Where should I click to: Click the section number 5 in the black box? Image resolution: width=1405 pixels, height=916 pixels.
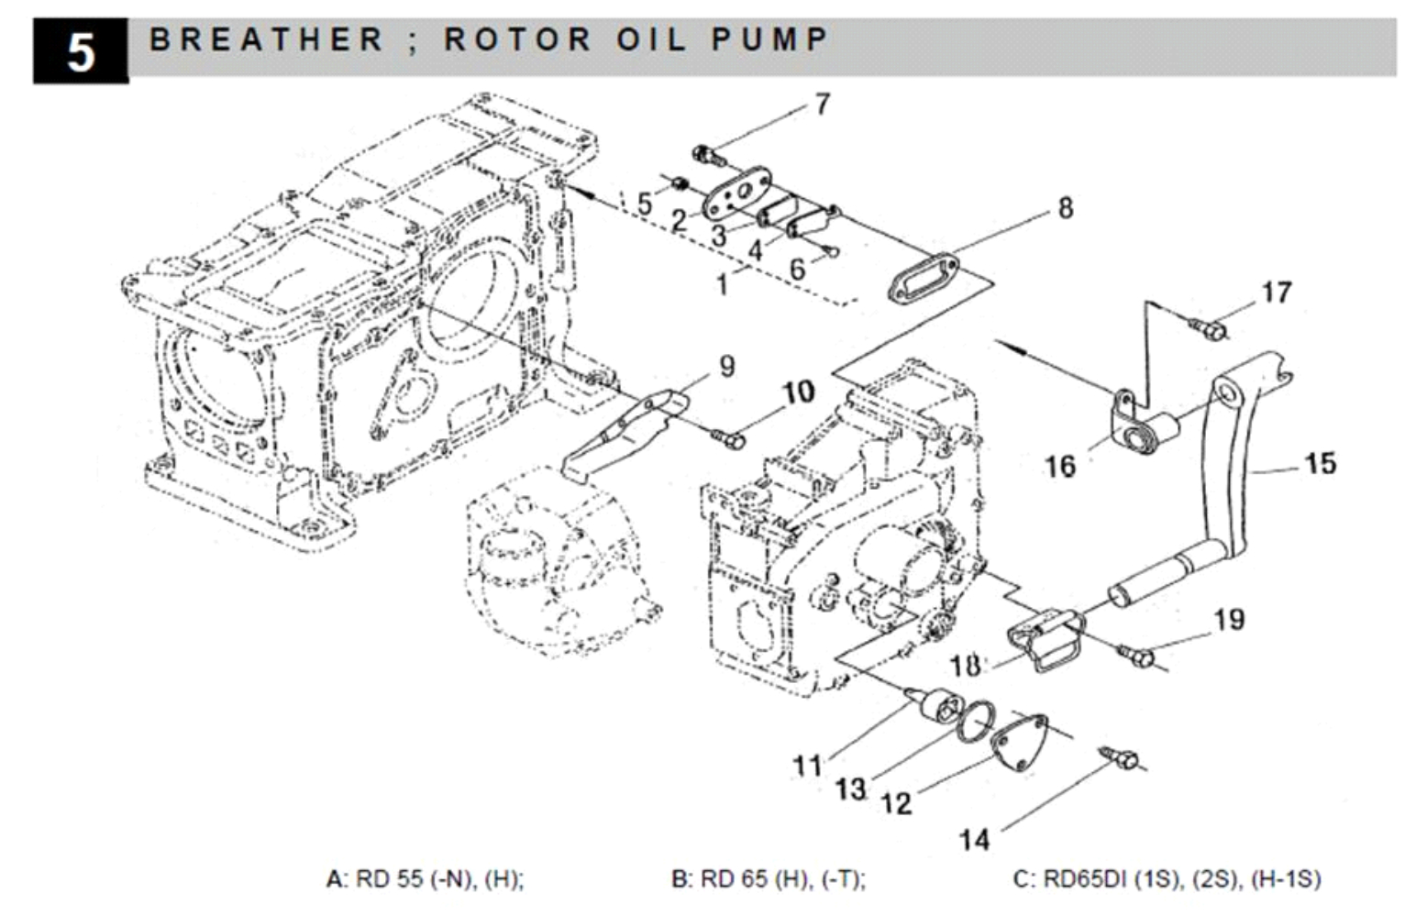(81, 51)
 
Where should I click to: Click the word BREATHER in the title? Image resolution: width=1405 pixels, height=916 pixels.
(266, 40)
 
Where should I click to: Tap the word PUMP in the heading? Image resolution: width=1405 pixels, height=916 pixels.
(770, 40)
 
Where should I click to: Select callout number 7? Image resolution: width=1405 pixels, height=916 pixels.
(822, 105)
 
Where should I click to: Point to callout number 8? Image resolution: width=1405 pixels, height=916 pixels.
(1065, 208)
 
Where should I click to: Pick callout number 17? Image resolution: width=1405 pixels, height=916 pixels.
(1276, 292)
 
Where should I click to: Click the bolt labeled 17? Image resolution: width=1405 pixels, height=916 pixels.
(1208, 327)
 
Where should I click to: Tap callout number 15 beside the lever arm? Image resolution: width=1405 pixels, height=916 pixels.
(1320, 463)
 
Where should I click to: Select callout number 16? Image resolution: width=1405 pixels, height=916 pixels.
(1059, 466)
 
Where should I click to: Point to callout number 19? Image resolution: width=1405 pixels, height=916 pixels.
(1229, 620)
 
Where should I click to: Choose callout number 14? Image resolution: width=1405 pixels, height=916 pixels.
(974, 839)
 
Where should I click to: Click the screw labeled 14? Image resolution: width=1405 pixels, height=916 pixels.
(1121, 759)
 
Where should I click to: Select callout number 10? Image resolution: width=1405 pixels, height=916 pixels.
(798, 392)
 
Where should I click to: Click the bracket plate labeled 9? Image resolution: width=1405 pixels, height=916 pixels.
(624, 436)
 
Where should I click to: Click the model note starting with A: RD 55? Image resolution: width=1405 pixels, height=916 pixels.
(425, 878)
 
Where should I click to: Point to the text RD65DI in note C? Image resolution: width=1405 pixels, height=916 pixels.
(1086, 878)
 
